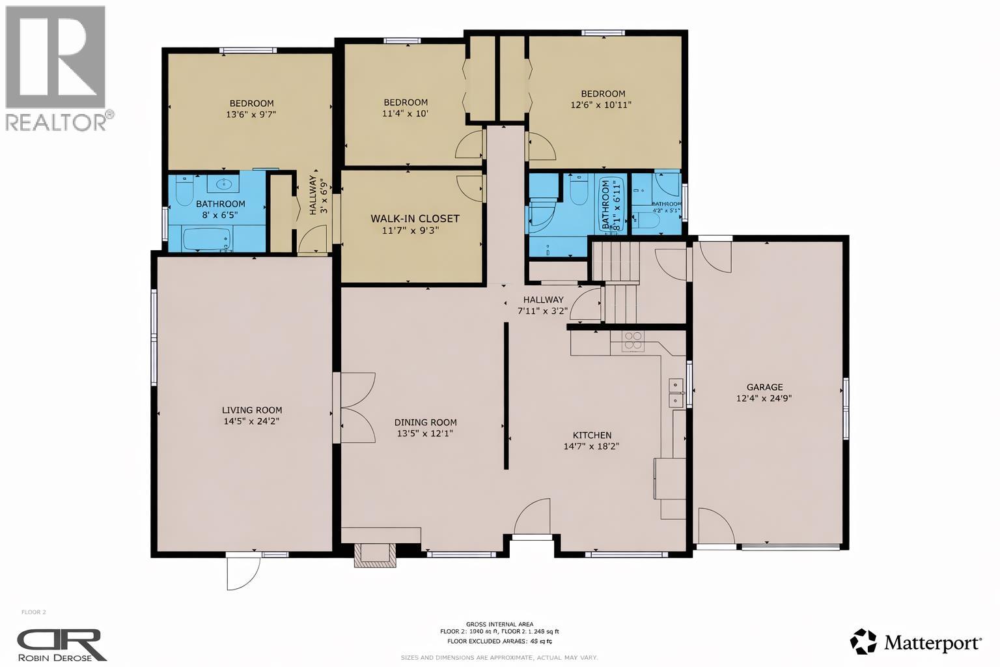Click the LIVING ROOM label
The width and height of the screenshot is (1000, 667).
tap(252, 410)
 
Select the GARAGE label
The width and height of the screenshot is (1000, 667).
tap(764, 387)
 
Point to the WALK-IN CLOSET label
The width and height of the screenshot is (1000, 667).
tap(415, 219)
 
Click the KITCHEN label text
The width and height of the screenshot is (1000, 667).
tap(591, 435)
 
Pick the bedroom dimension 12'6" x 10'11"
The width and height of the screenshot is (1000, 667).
tap(601, 105)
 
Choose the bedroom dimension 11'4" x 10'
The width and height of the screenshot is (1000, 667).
tap(405, 113)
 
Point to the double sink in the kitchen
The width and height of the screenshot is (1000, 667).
tap(676, 393)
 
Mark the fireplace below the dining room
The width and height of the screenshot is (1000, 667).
tap(374, 554)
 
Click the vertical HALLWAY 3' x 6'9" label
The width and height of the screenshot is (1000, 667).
tap(317, 194)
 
